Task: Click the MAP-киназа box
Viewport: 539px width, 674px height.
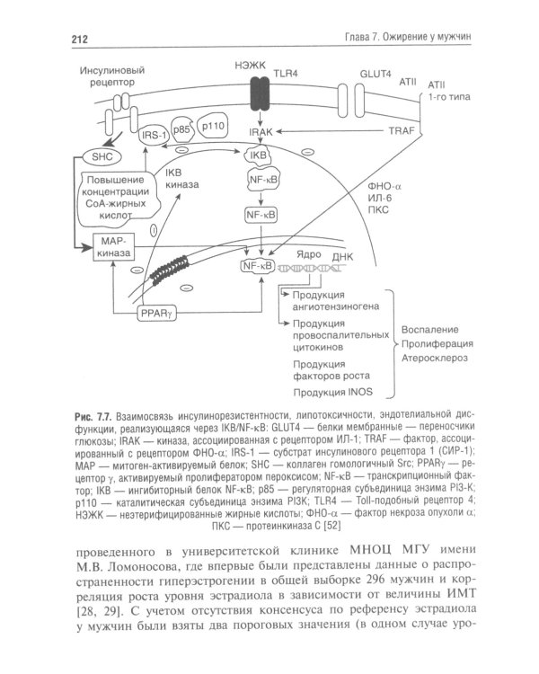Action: pyautogui.click(x=113, y=246)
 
